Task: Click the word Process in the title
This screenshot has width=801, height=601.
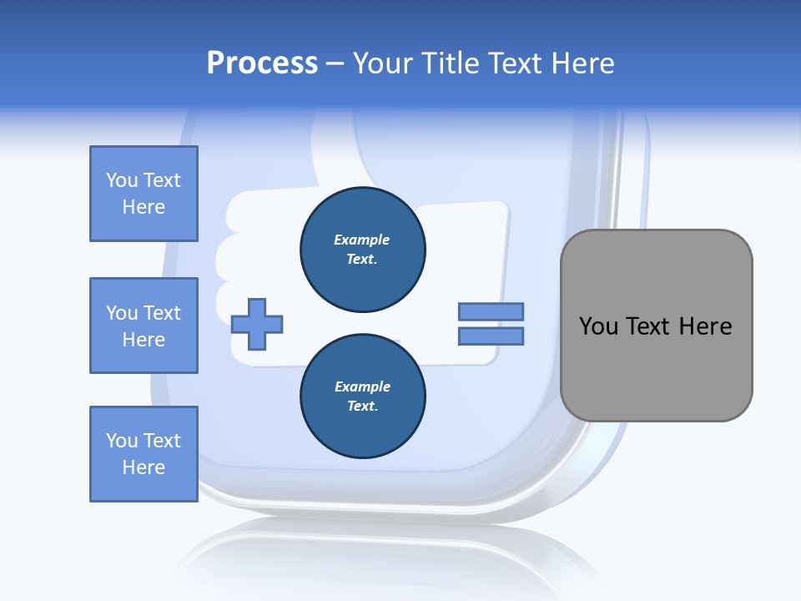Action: click(x=262, y=63)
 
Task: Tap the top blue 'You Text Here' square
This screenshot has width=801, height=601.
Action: click(x=144, y=194)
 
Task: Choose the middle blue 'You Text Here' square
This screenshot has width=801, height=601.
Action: click(x=144, y=326)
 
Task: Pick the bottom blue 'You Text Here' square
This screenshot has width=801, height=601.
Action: click(x=144, y=454)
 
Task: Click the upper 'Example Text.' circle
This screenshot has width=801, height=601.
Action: click(x=363, y=250)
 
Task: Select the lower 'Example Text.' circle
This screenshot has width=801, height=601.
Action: click(x=363, y=396)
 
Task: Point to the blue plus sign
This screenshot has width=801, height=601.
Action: click(x=257, y=324)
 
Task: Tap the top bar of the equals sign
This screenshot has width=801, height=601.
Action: click(x=491, y=311)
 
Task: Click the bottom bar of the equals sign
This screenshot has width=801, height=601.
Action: click(x=491, y=336)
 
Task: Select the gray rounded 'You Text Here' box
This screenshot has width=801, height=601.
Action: click(x=656, y=326)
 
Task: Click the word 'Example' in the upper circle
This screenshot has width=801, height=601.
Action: click(x=362, y=240)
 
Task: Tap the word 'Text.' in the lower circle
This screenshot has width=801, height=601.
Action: click(x=362, y=407)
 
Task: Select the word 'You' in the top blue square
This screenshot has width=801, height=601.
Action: click(x=122, y=180)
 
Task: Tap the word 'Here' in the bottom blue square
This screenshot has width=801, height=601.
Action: click(x=144, y=467)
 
